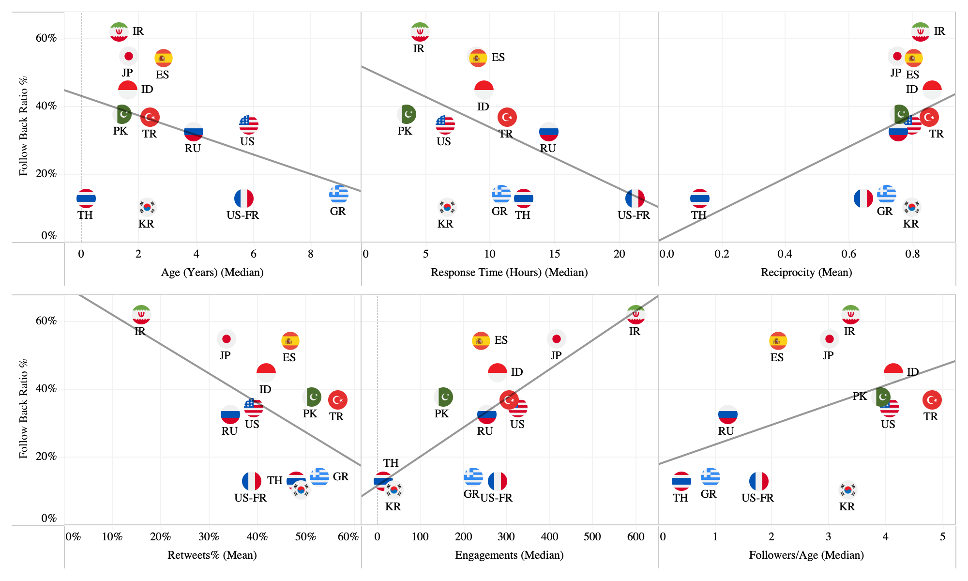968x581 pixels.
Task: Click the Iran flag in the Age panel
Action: (119, 32)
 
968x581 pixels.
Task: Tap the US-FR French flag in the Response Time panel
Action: (635, 199)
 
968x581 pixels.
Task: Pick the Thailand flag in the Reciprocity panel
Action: (700, 199)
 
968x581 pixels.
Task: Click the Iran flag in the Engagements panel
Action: (636, 315)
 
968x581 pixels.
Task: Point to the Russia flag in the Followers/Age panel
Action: (727, 415)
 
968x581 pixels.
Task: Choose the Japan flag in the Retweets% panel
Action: (226, 339)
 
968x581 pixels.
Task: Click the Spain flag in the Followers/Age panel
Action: (778, 341)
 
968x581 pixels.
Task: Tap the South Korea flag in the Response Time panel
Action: (447, 207)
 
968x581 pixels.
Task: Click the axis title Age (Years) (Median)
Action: (212, 273)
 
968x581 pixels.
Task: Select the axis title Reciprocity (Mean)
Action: (806, 273)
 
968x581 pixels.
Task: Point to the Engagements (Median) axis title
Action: (509, 555)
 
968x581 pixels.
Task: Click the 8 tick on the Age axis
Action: (311, 254)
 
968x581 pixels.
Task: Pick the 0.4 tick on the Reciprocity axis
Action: (785, 254)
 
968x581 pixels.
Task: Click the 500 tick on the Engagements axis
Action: (592, 537)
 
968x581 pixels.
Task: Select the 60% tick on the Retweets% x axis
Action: (348, 537)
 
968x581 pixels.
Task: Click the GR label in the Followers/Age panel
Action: (709, 494)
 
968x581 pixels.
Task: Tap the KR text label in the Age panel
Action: (146, 224)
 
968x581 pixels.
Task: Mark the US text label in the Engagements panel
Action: (517, 425)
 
